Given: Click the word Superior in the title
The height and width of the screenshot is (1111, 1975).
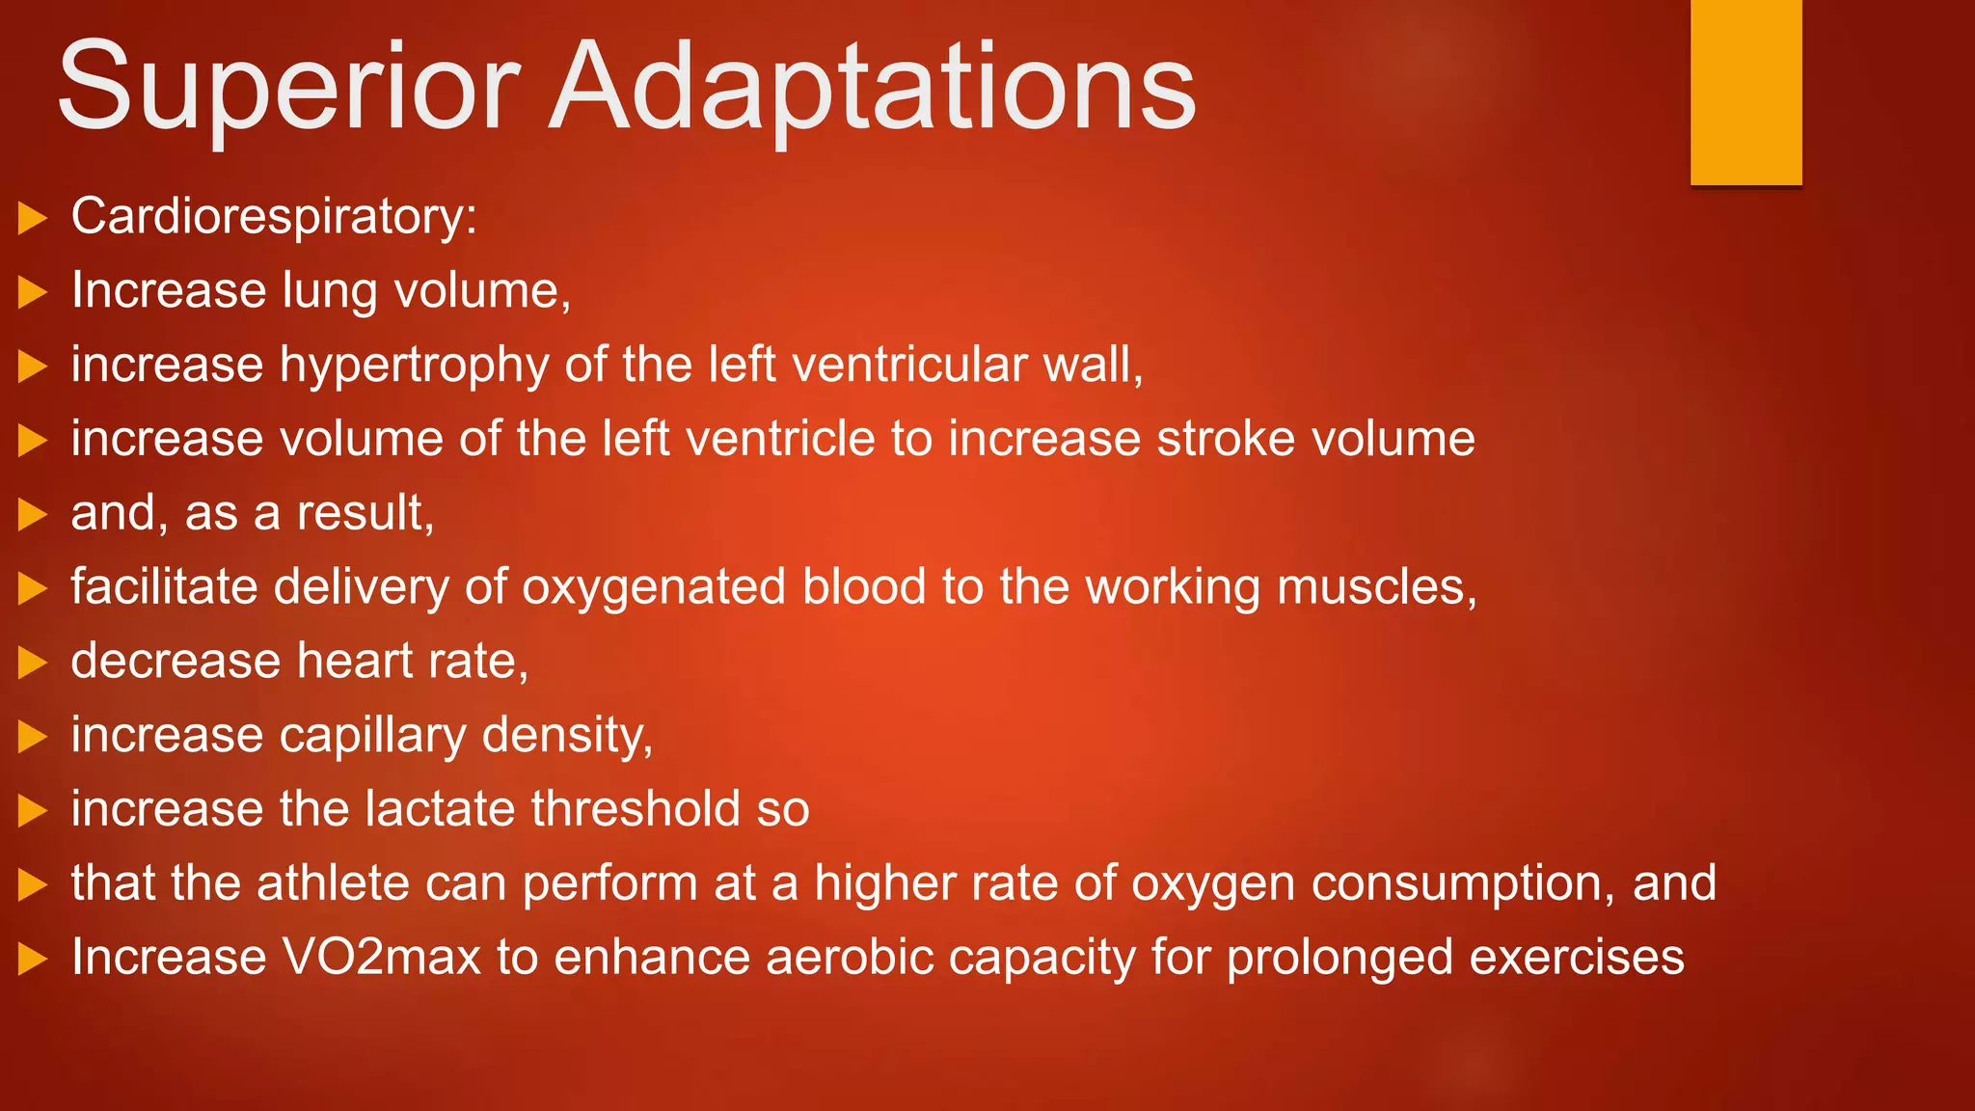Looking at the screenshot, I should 289,89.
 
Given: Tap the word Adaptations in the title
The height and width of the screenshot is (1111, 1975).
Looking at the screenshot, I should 873,89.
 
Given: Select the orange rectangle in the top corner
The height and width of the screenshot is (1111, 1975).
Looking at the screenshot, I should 1745,92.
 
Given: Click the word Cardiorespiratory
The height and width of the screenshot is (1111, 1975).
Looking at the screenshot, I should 273,216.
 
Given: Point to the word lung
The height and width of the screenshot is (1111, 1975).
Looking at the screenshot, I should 330,291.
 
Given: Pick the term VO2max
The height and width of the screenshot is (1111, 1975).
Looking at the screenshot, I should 381,958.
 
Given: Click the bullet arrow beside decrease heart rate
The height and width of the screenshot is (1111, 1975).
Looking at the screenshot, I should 33,663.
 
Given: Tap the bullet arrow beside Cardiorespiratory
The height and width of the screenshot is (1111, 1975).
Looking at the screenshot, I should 33,218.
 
